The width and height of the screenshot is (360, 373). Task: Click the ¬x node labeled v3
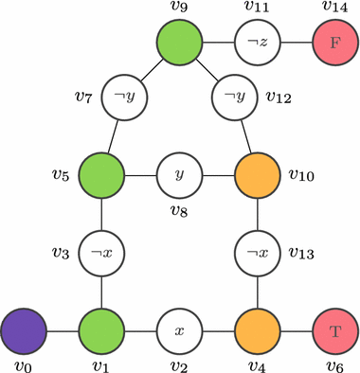(x=102, y=255)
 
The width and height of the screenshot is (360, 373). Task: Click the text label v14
(x=335, y=9)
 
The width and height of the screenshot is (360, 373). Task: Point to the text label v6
(x=335, y=365)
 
